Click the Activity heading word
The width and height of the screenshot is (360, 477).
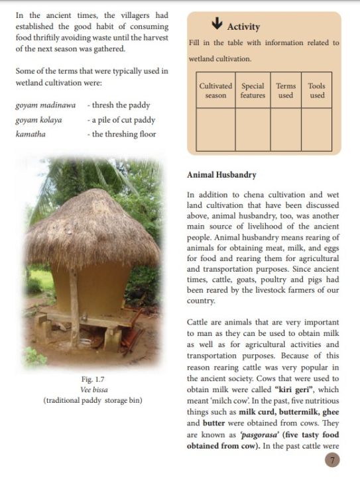coord(243,27)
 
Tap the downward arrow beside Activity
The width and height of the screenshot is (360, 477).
coord(216,24)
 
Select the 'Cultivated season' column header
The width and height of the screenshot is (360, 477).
coord(215,91)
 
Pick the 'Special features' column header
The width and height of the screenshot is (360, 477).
coord(253,91)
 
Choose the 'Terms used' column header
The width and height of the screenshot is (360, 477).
coord(286,91)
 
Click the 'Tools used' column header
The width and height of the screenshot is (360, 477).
coord(317,91)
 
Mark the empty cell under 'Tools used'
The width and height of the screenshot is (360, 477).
coord(317,129)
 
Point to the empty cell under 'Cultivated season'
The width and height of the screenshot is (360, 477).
coord(215,129)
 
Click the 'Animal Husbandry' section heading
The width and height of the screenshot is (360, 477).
coord(221,176)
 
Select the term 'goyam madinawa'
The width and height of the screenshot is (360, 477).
coord(45,105)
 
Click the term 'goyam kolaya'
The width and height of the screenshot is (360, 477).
coord(38,120)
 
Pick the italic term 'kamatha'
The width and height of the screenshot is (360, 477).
coord(29,134)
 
